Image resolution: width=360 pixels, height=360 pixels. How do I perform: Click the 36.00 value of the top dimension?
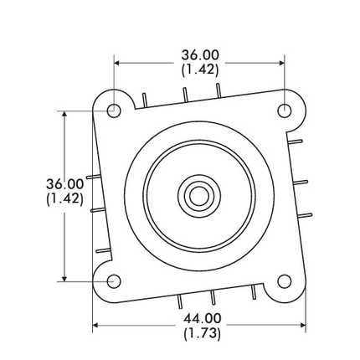pos(200,55)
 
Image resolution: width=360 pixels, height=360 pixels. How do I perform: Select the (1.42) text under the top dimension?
pos(200,69)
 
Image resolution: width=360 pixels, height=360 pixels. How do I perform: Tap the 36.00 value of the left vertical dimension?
pos(64,184)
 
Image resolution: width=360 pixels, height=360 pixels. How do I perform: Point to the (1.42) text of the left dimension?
pos(64,199)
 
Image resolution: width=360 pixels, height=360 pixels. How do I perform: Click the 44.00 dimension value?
pos(202,319)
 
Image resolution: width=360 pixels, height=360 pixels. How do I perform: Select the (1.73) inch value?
pos(202,333)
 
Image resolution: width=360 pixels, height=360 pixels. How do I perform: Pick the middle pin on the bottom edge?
pos(214,296)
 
